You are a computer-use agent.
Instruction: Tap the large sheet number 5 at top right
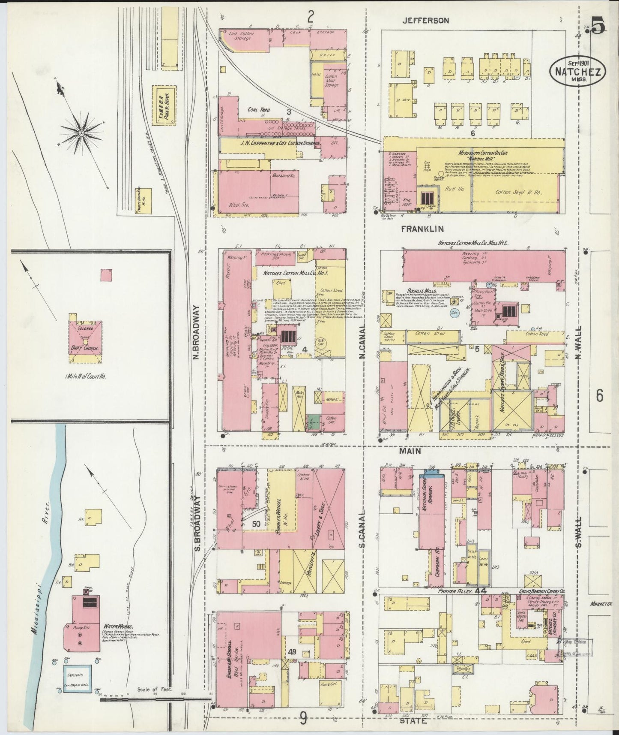[x=599, y=27]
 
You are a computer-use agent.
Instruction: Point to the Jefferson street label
[x=426, y=20]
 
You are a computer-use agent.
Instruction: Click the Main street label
[x=410, y=451]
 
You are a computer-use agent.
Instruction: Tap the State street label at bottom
[x=413, y=721]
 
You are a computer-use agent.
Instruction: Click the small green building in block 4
[x=313, y=422]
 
